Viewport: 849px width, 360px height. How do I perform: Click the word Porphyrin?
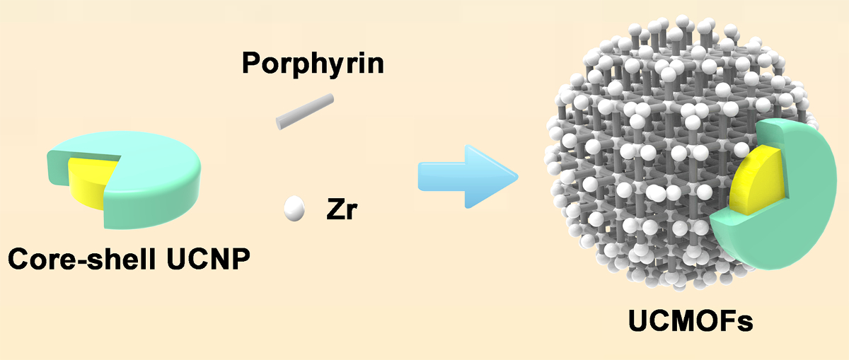click(313, 64)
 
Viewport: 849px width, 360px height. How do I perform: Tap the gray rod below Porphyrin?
click(304, 111)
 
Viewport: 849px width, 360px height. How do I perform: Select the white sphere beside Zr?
click(294, 209)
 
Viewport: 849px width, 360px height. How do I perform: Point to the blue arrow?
click(463, 175)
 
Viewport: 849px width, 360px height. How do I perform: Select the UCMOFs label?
click(691, 323)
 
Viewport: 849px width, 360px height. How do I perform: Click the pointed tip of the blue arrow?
click(514, 175)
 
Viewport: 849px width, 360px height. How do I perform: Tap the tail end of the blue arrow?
click(422, 175)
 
